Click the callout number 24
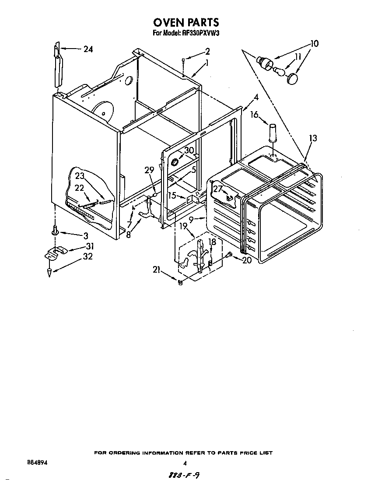(x=88, y=49)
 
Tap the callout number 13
(x=313, y=138)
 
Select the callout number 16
(x=254, y=115)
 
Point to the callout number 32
(x=88, y=257)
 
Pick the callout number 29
(x=150, y=170)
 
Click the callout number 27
(x=217, y=189)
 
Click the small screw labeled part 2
(x=184, y=63)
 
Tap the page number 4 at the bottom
(x=185, y=463)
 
